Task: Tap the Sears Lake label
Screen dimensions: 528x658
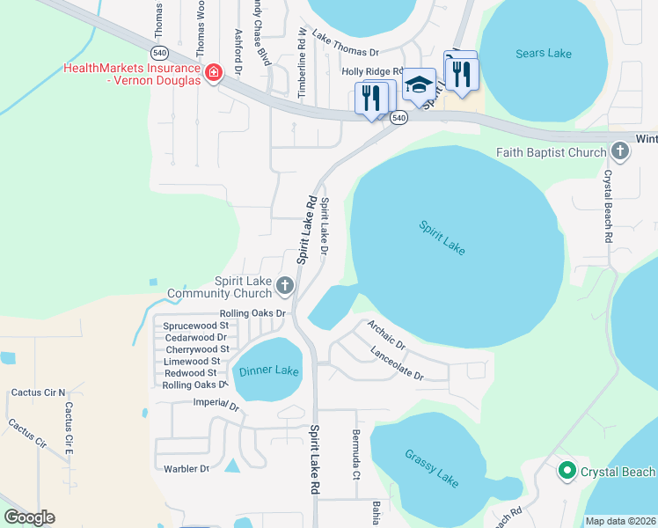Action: pos(543,54)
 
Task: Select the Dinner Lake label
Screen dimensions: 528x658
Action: pos(268,370)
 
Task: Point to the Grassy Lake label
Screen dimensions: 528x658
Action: pos(432,467)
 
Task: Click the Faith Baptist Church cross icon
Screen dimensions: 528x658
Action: pos(619,152)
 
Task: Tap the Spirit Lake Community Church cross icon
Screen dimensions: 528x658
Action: pos(284,285)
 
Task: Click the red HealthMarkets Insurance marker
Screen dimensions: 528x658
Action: pos(212,73)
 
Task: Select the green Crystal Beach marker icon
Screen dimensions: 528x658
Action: pos(567,472)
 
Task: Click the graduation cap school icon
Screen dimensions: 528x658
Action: pos(420,84)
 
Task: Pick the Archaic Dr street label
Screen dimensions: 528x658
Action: pos(386,334)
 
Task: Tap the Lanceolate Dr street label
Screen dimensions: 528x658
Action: pos(397,363)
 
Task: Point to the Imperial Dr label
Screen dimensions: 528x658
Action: pos(216,405)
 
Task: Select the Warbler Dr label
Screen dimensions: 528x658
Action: pos(186,468)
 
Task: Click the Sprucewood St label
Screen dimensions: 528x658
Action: pos(195,326)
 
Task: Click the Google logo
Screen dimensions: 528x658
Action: pos(29,517)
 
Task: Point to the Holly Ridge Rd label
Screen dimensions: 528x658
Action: pos(372,72)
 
